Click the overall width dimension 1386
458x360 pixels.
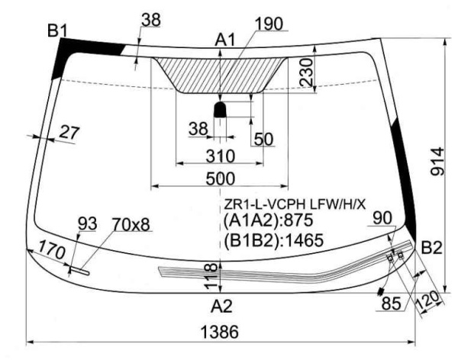tap(220, 332)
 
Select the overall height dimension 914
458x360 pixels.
tap(437, 162)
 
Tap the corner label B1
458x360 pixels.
tap(57, 31)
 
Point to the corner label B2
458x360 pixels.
tap(432, 249)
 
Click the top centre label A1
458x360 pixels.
tap(225, 40)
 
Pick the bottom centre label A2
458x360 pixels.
tap(221, 307)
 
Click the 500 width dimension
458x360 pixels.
tap(221, 178)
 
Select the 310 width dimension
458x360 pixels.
tap(221, 156)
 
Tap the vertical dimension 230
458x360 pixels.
tap(306, 72)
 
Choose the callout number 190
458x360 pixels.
tap(269, 24)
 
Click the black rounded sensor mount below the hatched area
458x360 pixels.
tap(221, 110)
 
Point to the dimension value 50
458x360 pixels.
tap(263, 139)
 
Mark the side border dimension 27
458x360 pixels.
tap(69, 133)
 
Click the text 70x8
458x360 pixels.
tap(131, 224)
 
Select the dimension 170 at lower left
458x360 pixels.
tap(52, 250)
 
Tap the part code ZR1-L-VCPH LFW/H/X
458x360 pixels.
tap(295, 204)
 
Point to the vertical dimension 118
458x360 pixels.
tap(211, 276)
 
